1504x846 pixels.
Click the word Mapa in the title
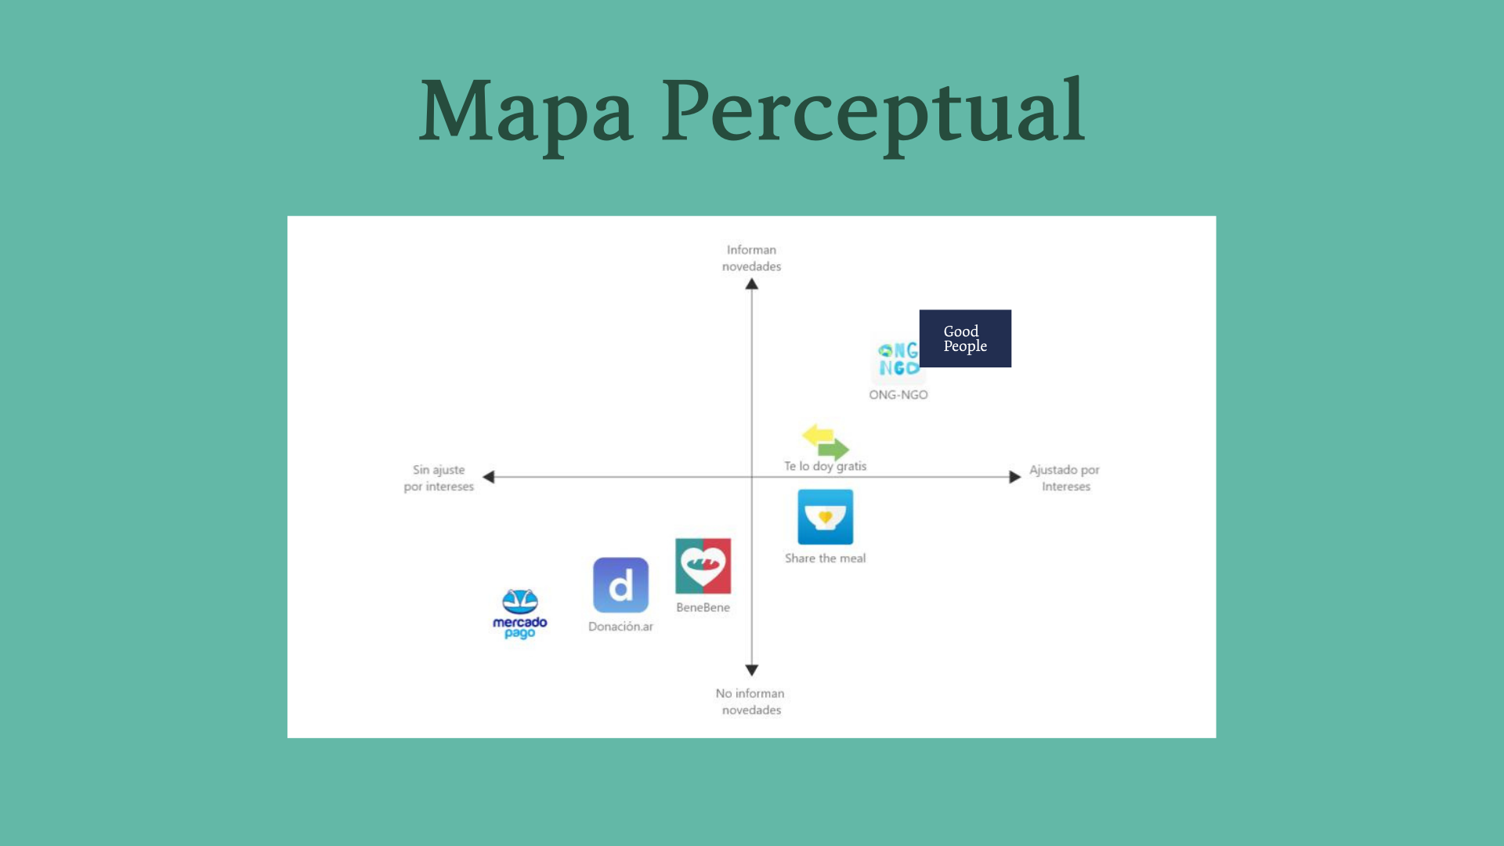(526, 111)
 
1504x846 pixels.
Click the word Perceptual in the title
(873, 111)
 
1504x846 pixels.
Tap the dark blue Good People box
(965, 338)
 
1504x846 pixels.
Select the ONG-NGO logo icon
(898, 360)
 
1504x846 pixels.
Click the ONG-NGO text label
(898, 395)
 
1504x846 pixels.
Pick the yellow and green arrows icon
(826, 441)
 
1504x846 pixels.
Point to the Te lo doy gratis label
(825, 466)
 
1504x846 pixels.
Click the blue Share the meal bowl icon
(825, 517)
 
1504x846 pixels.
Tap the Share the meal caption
(825, 559)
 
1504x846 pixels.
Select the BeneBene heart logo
(703, 566)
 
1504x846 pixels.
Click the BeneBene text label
(703, 608)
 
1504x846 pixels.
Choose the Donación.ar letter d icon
(620, 585)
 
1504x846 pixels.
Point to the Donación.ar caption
(620, 627)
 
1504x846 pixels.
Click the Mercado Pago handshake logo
(520, 602)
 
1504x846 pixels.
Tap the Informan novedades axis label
(751, 258)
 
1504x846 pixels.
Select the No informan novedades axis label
(750, 702)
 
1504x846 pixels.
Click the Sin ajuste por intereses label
(439, 478)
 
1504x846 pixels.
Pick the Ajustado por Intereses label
(1065, 478)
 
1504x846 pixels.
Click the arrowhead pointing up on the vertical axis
(752, 284)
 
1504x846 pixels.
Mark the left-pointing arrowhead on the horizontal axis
(489, 477)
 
